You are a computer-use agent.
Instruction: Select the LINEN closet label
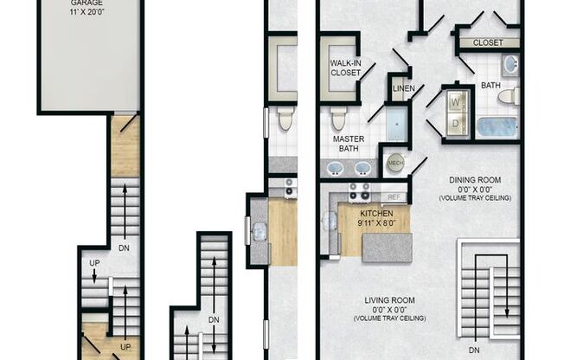[403, 88]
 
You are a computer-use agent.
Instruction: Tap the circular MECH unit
[395, 163]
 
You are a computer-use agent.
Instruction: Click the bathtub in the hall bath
[497, 126]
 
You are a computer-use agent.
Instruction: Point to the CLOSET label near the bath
[489, 42]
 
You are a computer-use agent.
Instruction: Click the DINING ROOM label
[475, 180]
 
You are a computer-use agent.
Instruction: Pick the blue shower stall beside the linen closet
[397, 123]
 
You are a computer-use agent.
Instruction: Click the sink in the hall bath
[510, 64]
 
